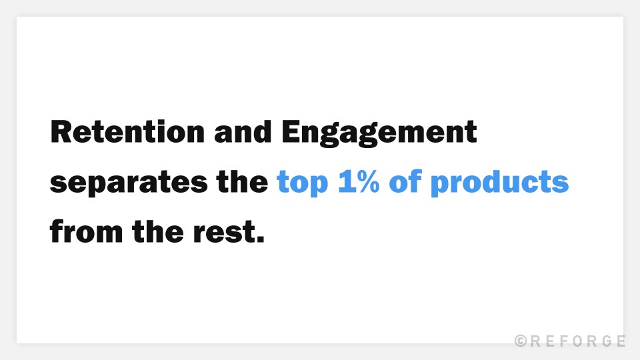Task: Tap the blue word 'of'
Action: (405, 182)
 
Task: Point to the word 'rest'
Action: (223, 233)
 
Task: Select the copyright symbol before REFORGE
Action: (521, 341)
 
